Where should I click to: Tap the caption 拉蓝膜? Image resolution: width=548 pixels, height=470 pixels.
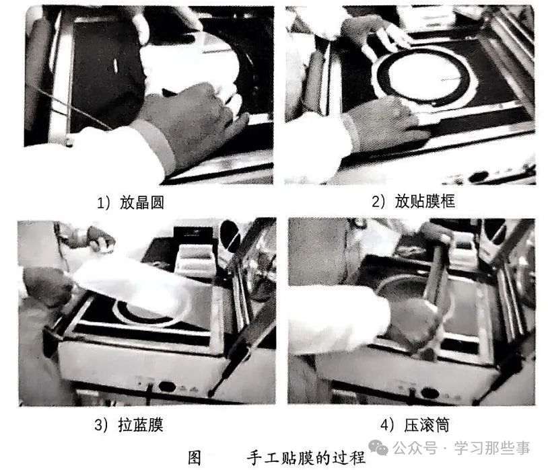tap(143, 425)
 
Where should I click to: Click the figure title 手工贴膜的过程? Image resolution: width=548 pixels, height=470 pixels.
tap(306, 457)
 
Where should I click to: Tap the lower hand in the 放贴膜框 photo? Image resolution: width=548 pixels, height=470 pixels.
tap(387, 124)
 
